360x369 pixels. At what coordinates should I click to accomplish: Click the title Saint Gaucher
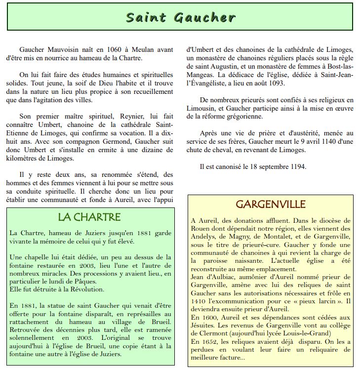(180, 18)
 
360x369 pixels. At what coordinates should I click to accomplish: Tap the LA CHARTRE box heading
(89, 217)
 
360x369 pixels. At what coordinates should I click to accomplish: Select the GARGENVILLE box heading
(271, 204)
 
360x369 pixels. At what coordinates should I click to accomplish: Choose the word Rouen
(201, 229)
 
